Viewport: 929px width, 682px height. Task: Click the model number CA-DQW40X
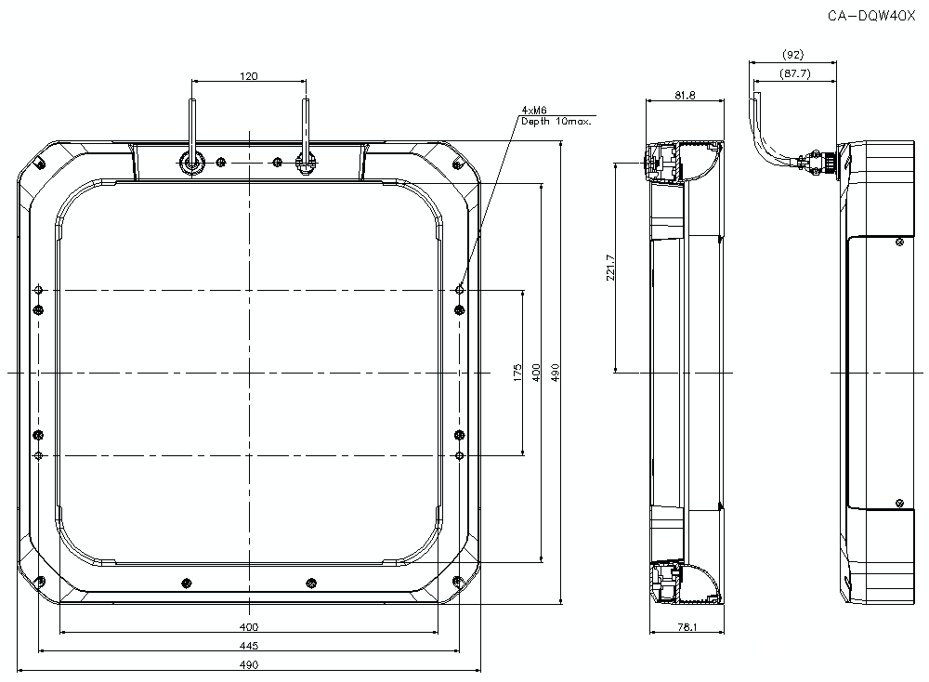(x=871, y=17)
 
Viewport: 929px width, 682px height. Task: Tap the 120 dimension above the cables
(x=249, y=76)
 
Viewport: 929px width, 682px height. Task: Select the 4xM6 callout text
(x=534, y=111)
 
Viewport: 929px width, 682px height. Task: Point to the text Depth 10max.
(x=556, y=122)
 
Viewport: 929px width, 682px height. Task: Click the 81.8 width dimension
(x=685, y=95)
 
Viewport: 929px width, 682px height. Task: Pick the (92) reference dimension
(x=793, y=55)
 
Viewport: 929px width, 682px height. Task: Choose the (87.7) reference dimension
(x=794, y=73)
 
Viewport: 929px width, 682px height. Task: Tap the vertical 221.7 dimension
(x=611, y=268)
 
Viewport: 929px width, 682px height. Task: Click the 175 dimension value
(x=517, y=373)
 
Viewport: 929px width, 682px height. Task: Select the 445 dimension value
(x=249, y=646)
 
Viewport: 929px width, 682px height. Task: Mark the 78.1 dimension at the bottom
(x=687, y=627)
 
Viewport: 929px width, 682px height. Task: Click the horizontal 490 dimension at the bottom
(x=249, y=665)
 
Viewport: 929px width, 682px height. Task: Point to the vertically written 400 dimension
(x=536, y=373)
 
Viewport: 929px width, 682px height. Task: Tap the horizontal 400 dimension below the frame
(x=249, y=627)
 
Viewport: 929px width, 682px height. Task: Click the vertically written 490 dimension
(x=556, y=373)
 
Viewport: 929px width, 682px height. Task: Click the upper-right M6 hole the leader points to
(x=460, y=290)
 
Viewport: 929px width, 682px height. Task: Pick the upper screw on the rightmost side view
(x=899, y=242)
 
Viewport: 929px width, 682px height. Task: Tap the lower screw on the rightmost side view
(x=899, y=504)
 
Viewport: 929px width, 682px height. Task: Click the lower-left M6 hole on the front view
(x=38, y=455)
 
